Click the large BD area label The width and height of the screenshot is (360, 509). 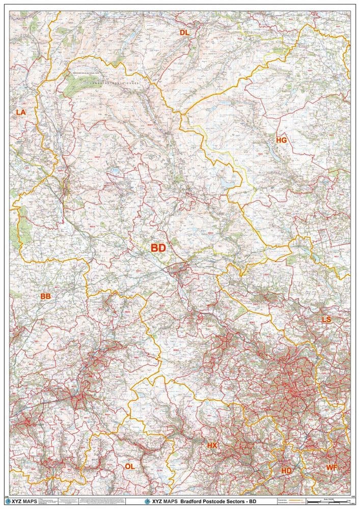[158, 248]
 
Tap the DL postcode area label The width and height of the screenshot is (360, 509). [184, 33]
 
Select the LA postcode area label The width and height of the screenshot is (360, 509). [21, 112]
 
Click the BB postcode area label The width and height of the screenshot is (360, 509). [46, 296]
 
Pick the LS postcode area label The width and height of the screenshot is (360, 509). [326, 320]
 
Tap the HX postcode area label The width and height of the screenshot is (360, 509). [212, 445]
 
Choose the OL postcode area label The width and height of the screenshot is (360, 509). [130, 466]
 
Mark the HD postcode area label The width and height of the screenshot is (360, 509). [287, 471]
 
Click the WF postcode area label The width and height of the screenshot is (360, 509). [331, 467]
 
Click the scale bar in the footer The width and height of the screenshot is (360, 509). [330, 503]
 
